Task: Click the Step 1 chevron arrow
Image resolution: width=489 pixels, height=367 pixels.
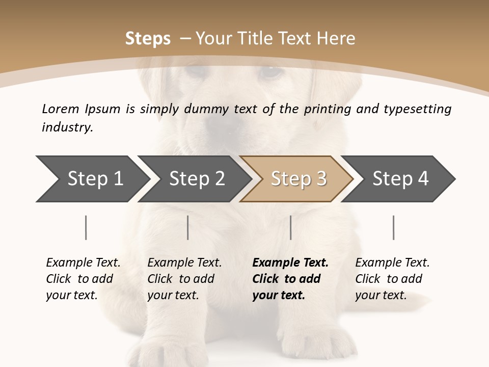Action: click(94, 179)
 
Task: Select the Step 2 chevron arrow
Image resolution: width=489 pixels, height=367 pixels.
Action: click(196, 179)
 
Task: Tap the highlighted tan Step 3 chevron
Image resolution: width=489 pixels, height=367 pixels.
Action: click(298, 179)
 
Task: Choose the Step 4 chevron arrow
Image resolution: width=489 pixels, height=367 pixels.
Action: click(400, 179)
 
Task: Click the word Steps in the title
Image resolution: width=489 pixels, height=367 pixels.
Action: click(148, 39)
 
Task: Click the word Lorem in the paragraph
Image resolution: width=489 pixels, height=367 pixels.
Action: click(60, 109)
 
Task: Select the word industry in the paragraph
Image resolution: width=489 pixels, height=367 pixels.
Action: click(67, 127)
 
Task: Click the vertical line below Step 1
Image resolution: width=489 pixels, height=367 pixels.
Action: click(86, 227)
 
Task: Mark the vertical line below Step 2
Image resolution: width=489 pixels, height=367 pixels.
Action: click(188, 227)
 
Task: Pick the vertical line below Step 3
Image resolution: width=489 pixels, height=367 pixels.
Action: click(291, 227)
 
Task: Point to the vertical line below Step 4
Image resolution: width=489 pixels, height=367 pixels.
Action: click(394, 227)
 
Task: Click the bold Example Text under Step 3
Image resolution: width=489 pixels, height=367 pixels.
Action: click(290, 263)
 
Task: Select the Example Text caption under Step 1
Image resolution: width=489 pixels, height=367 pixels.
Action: click(83, 263)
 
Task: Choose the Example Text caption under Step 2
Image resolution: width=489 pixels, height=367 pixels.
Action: click(184, 263)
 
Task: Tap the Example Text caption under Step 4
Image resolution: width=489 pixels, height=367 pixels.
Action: click(392, 263)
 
